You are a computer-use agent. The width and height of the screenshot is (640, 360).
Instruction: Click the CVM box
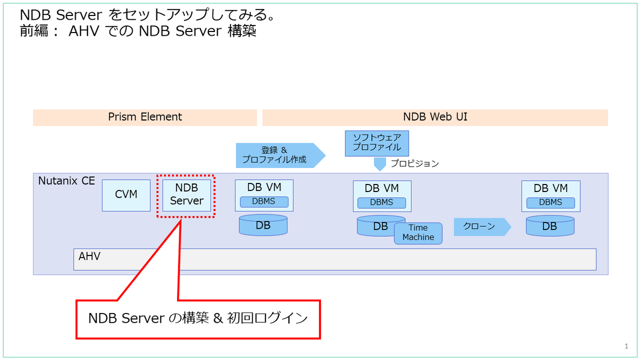pos(126,195)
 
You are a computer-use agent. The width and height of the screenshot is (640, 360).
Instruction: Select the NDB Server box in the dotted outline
pos(187,195)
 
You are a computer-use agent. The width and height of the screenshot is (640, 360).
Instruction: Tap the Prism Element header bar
pos(145,117)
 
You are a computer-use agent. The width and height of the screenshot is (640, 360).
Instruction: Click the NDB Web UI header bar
pos(435,117)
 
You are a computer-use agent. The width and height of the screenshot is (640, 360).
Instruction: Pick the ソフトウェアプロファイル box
pos(377,143)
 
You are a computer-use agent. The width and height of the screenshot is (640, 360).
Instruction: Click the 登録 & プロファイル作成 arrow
pos(281,155)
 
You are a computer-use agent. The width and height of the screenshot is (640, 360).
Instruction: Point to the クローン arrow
pos(482,227)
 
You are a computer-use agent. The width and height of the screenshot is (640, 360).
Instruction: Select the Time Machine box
pos(418,233)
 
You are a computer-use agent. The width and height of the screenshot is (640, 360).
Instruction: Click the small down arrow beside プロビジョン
pos(380,164)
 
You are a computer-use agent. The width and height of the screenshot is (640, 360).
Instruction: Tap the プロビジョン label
pos(414,163)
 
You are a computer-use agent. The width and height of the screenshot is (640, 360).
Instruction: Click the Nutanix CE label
pos(66,181)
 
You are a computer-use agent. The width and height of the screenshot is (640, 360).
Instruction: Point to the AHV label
pos(90,257)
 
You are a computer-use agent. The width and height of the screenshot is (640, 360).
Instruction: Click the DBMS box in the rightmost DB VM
pos(550,203)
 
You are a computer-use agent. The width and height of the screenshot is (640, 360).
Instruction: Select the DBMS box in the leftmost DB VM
pos(264,202)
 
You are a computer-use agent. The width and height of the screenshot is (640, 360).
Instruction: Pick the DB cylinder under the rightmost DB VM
pos(550,226)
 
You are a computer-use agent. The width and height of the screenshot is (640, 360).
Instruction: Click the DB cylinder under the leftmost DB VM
pos(263,225)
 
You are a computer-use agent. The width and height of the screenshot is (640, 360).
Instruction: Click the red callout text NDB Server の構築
pos(149,318)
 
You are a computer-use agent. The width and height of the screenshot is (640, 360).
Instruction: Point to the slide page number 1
pos(626,346)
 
